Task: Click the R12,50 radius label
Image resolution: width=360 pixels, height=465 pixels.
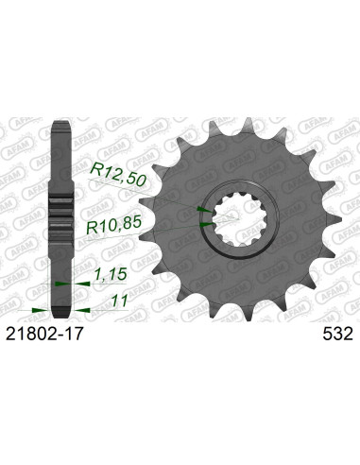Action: (x=117, y=170)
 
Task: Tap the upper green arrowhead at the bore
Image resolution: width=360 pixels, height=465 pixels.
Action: (x=200, y=210)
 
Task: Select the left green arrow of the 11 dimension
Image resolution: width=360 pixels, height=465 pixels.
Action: (x=38, y=308)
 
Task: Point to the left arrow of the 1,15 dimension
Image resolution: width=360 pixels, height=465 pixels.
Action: (x=59, y=283)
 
